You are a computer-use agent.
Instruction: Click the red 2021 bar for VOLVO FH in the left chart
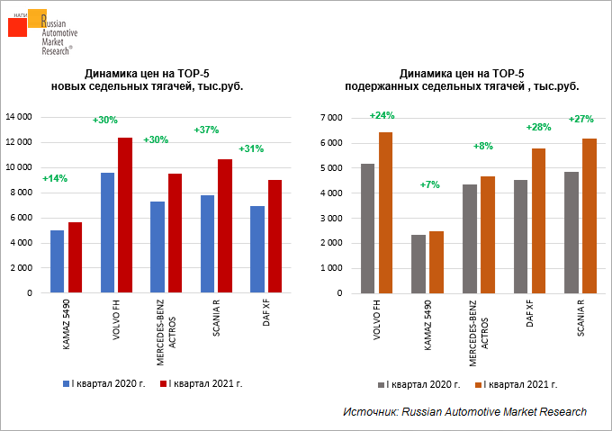pos(125,216)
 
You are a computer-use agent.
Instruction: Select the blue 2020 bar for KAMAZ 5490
pos(57,262)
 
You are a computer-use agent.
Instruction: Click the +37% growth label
pos(206,130)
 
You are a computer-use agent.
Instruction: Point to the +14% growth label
pos(55,178)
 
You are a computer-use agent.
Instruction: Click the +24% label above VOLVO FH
pos(382,115)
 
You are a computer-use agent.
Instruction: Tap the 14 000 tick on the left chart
pos(19,117)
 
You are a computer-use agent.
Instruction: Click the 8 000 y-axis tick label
pos(21,193)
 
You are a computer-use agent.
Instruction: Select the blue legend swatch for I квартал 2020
pos(66,383)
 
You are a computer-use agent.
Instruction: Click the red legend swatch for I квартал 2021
pos(163,383)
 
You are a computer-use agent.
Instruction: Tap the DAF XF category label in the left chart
pos(267,316)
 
